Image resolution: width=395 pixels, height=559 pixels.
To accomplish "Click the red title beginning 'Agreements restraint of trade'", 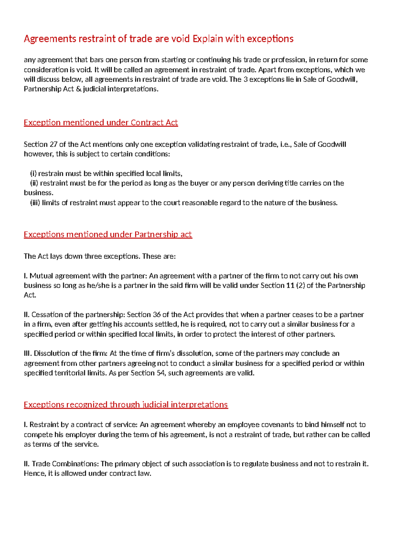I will pos(158,39).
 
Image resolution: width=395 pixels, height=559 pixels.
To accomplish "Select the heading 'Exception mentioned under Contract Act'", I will pos(101,123).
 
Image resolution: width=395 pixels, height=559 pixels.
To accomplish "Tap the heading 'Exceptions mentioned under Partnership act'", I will pos(108,234).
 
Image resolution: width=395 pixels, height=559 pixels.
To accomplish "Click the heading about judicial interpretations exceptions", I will pos(126,404).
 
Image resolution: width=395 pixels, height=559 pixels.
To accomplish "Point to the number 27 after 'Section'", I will pos(53,144).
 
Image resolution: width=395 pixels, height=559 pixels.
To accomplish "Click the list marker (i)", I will pos(33,173).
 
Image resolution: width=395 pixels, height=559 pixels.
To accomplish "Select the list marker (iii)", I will pos(35,203).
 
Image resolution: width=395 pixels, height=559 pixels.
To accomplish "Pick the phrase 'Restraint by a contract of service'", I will pos(84,425).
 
